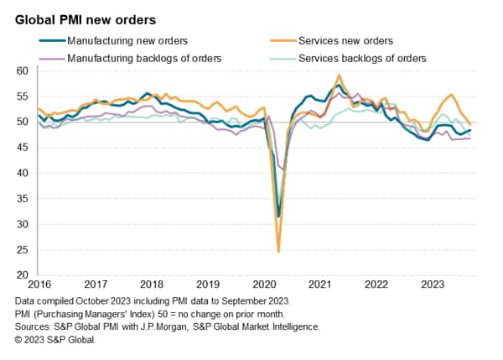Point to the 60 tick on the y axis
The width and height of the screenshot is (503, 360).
pyautogui.click(x=23, y=71)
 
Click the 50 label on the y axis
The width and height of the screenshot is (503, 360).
pyautogui.click(x=23, y=123)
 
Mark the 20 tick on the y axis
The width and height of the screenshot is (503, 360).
pyautogui.click(x=23, y=275)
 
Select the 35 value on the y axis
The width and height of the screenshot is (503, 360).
pyautogui.click(x=23, y=199)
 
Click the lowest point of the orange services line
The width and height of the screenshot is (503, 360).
pyautogui.click(x=278, y=251)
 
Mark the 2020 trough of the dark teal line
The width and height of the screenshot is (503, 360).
pyautogui.click(x=278, y=217)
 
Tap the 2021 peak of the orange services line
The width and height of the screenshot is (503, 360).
pyautogui.click(x=340, y=76)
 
